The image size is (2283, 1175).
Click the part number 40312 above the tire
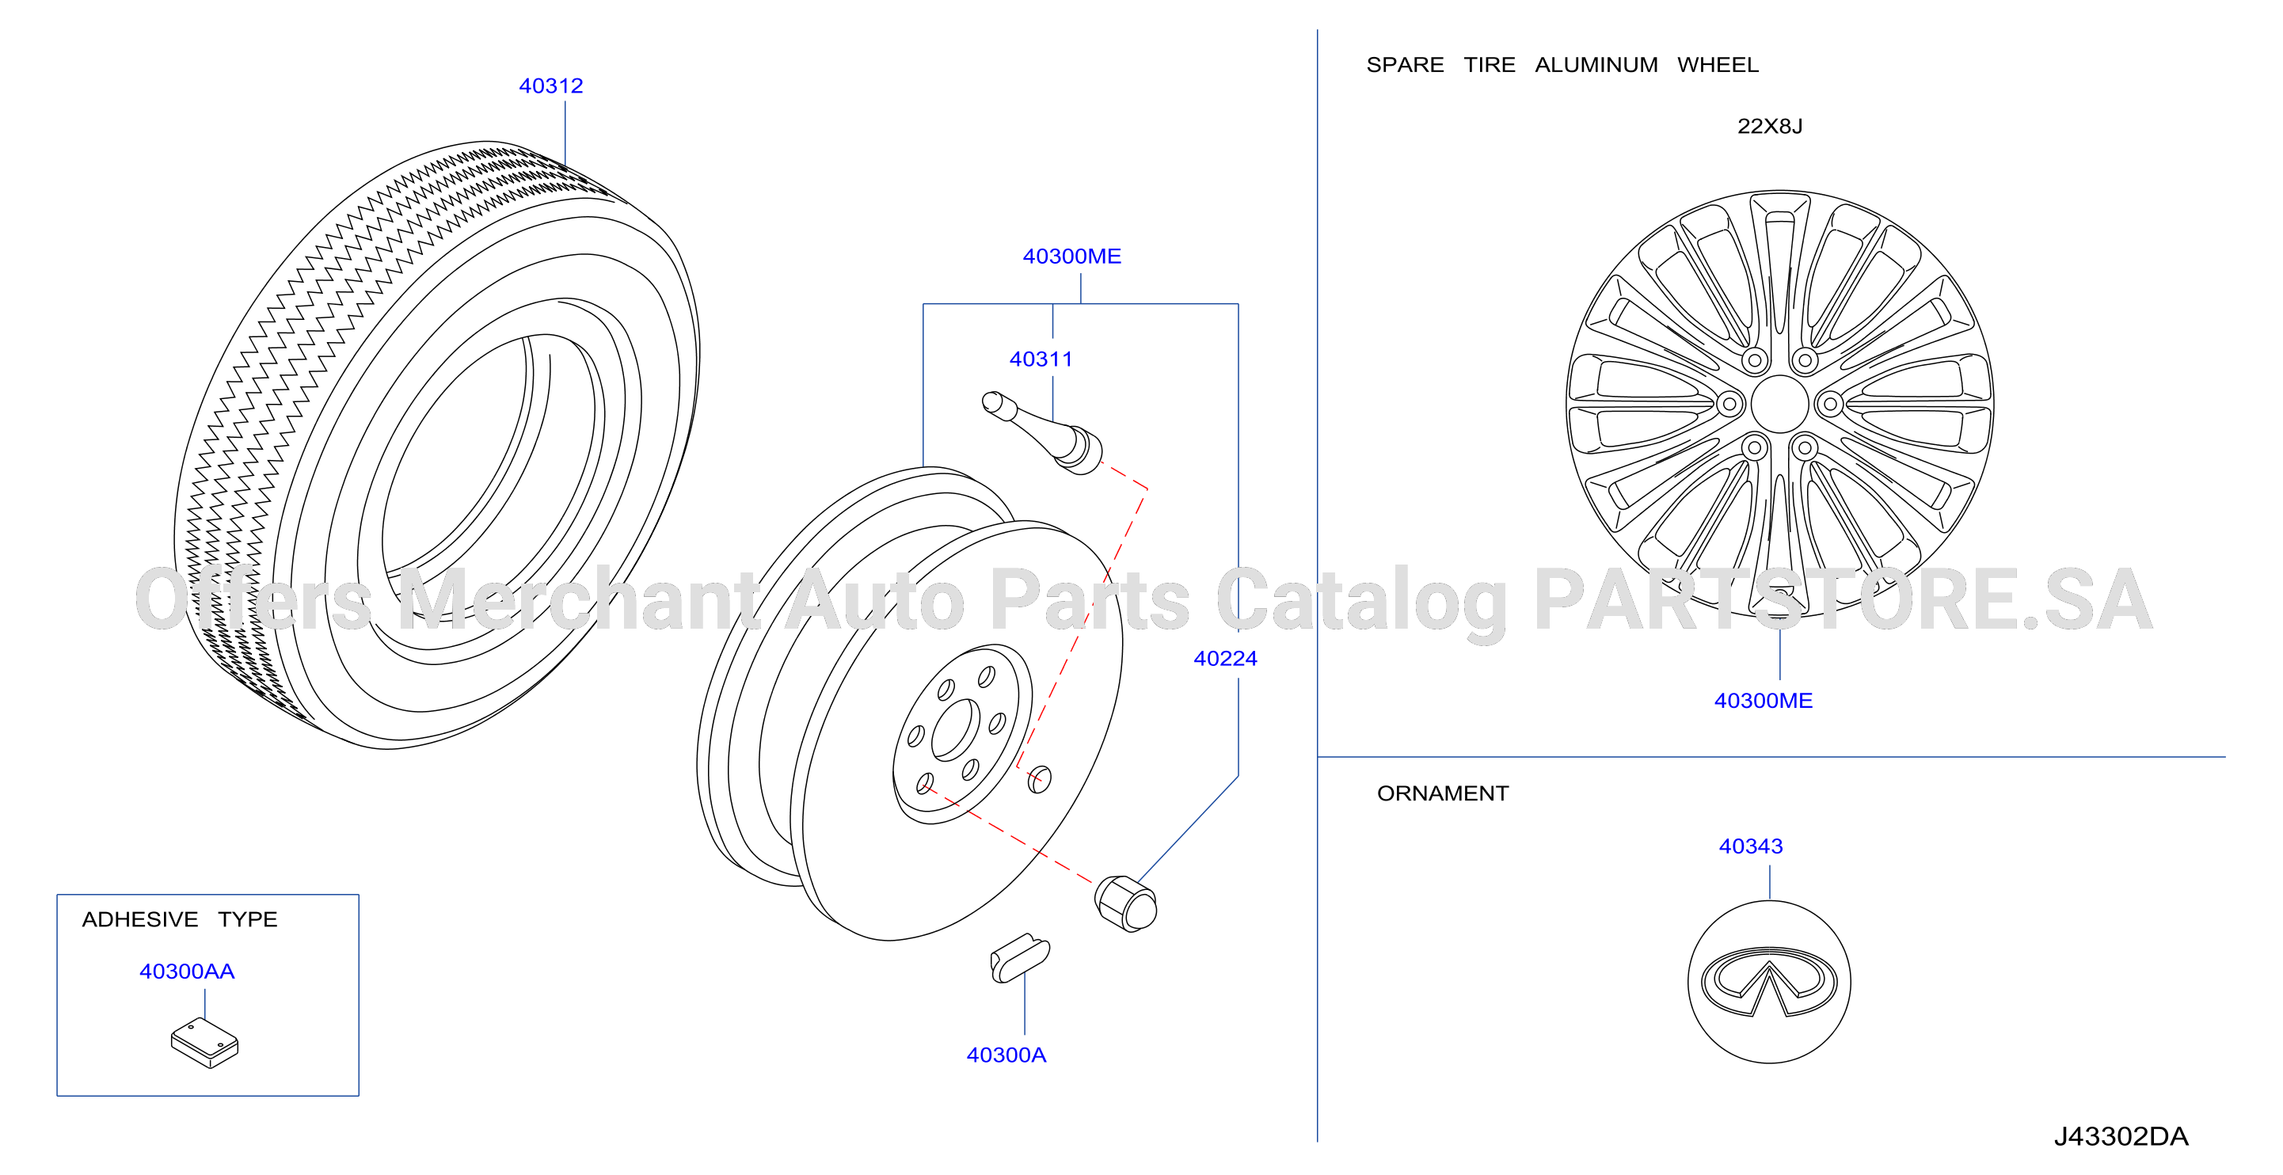(x=550, y=86)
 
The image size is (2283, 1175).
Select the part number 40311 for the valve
(x=1041, y=359)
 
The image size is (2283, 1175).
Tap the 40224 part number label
(x=1225, y=659)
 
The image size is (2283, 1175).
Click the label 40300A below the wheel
(x=1006, y=1055)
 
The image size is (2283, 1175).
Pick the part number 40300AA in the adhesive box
(x=187, y=972)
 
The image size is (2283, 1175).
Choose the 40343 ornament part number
(x=1750, y=846)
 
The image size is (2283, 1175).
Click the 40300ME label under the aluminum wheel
(x=1763, y=700)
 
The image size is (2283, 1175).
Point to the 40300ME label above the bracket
(x=1071, y=256)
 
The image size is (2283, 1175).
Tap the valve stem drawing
(x=1042, y=432)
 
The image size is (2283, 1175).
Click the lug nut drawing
(x=1125, y=903)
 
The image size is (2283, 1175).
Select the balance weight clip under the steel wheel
(x=1019, y=958)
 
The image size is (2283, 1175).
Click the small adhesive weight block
(x=205, y=1042)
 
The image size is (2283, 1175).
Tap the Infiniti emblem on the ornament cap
(x=1769, y=982)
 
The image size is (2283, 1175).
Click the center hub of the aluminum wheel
(x=1779, y=404)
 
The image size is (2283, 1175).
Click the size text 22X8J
(x=1769, y=126)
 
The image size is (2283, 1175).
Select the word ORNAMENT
(x=1442, y=793)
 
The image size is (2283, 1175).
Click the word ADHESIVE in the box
(x=140, y=919)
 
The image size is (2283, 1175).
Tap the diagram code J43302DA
(x=2121, y=1136)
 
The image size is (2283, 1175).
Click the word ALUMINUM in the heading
(x=1596, y=65)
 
